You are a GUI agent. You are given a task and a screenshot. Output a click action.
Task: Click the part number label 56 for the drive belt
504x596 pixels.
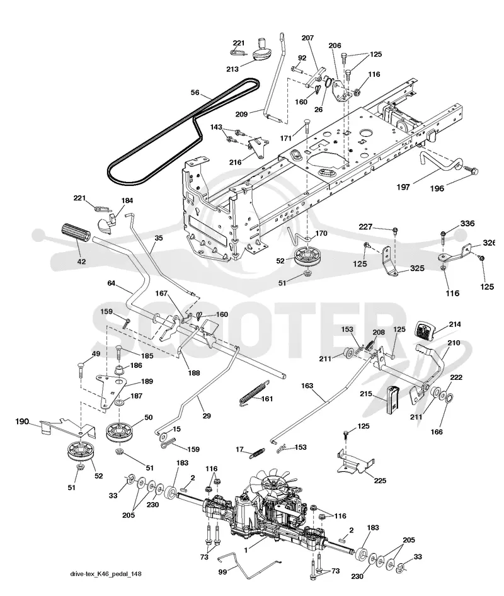[x=195, y=93]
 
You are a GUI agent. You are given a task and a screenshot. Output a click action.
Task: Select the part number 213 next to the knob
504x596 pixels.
[x=232, y=69]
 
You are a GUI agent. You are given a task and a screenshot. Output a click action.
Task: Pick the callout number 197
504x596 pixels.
[x=403, y=186]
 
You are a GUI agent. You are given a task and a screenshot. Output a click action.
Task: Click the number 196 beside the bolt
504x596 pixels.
[x=437, y=188]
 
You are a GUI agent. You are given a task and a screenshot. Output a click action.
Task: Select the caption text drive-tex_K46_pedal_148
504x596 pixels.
[x=106, y=573]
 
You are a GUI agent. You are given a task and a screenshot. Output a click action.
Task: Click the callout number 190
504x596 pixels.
[x=22, y=421]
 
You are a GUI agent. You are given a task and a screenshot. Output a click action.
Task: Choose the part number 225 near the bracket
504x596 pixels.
[x=380, y=481]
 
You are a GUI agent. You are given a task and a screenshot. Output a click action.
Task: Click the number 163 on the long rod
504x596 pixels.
[x=307, y=386]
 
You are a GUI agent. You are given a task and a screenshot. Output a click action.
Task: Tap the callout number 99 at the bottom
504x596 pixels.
[x=223, y=571]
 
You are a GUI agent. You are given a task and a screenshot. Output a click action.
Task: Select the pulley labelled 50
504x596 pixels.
[x=120, y=433]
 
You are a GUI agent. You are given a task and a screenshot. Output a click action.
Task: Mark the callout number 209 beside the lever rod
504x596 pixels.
[x=242, y=113]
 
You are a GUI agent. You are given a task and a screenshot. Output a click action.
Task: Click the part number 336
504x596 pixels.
[x=467, y=224]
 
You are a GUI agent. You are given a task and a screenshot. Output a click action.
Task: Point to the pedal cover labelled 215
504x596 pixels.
[x=392, y=399]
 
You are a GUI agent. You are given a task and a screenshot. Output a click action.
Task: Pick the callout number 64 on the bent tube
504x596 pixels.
[x=111, y=283]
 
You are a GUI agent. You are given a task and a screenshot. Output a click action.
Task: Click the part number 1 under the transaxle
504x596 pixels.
[x=246, y=549]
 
